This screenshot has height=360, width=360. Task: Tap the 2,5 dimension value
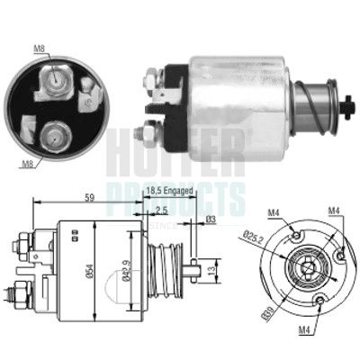click(x=159, y=209)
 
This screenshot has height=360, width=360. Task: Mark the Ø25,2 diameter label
click(x=256, y=238)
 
